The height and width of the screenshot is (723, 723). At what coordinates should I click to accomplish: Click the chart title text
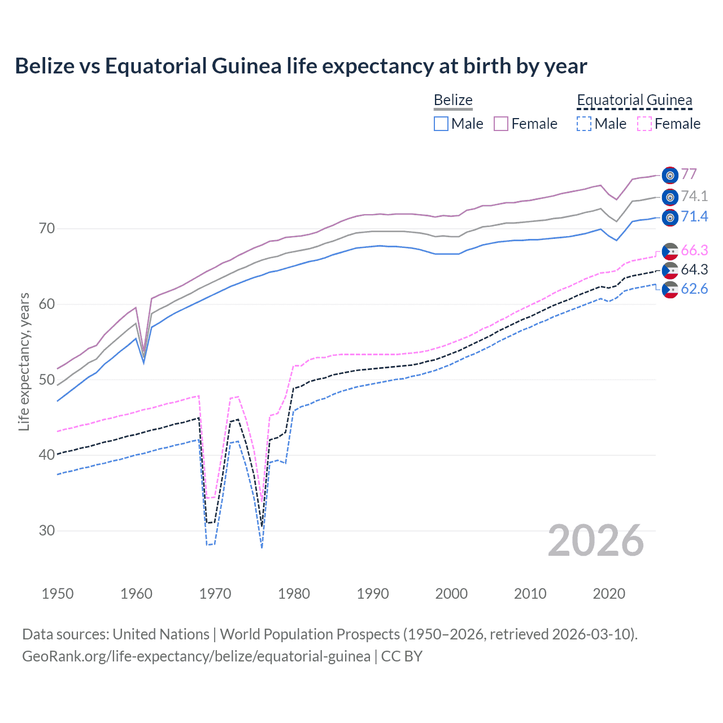point(300,66)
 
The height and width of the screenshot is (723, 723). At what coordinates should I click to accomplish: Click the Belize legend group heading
point(453,100)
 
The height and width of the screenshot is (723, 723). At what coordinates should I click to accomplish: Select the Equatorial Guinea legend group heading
point(634,100)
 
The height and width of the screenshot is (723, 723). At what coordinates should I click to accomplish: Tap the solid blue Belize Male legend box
point(441,124)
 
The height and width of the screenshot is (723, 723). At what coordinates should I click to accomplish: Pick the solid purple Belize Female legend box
point(501,124)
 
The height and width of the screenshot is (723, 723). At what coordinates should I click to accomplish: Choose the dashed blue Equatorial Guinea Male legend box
point(584,124)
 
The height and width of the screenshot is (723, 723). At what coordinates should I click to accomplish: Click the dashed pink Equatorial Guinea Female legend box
point(644,124)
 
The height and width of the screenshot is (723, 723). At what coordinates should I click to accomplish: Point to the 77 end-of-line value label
point(689,174)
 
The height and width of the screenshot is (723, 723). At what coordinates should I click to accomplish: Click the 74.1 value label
point(694,196)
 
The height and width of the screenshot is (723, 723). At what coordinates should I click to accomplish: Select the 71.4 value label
point(694,216)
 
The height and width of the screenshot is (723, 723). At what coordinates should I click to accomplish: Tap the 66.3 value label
point(694,250)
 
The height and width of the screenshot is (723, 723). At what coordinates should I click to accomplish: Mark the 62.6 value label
point(694,289)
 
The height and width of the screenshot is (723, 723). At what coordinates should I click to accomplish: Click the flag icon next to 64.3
point(670,271)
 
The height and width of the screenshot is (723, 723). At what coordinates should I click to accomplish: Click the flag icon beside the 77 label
point(670,176)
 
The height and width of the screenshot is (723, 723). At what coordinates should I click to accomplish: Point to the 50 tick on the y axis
point(47,380)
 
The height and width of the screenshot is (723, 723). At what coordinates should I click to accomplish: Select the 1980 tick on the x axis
point(294,594)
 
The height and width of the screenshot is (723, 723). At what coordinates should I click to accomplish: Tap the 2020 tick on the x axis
point(609,594)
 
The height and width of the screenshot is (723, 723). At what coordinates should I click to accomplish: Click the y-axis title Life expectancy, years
point(24,361)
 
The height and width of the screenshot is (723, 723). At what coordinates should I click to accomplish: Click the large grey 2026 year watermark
point(595,541)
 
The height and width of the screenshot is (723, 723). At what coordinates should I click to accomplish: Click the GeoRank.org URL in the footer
point(196,656)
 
